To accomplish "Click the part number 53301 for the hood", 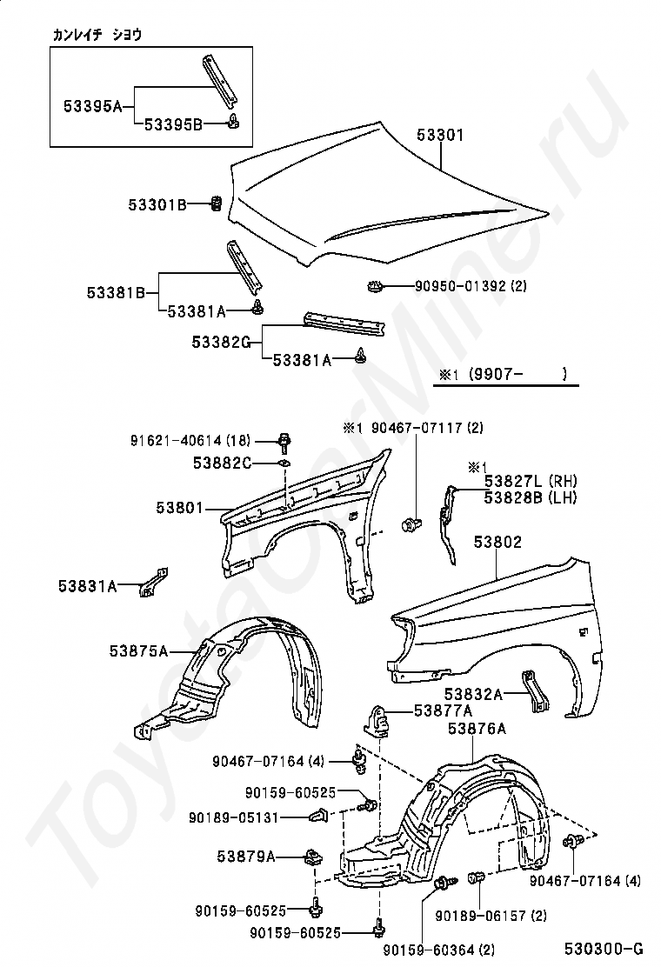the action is (x=440, y=136).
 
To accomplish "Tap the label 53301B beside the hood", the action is (x=157, y=205).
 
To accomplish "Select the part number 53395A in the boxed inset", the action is (x=92, y=106).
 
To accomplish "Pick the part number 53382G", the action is (x=222, y=343).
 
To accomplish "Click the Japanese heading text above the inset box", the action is (x=97, y=35).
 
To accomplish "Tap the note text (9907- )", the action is (x=517, y=375).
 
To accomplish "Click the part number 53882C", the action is (x=223, y=463).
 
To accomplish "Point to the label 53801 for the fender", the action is (x=180, y=505).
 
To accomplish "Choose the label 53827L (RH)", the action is (x=531, y=482).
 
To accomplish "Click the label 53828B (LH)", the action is (x=531, y=497).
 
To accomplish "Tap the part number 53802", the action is (x=497, y=543).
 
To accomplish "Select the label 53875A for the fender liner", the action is (x=139, y=650).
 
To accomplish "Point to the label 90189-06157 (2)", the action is (x=491, y=916).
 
